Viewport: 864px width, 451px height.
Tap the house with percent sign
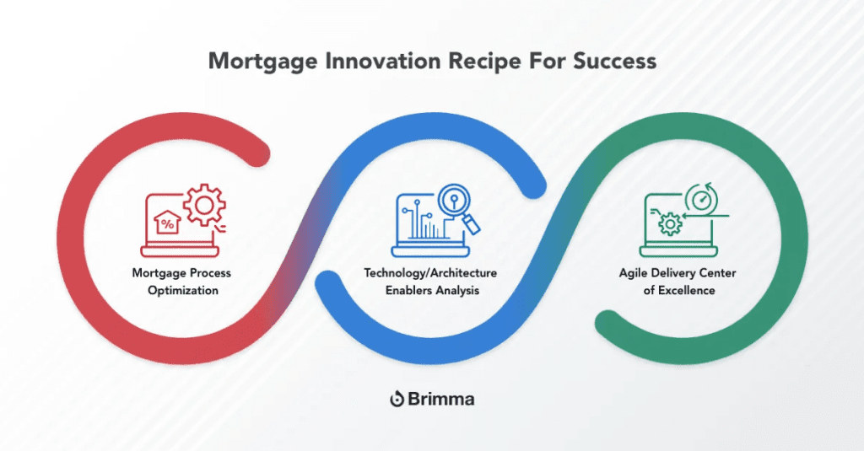[x=169, y=223]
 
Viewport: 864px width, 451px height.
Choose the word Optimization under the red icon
[x=181, y=290]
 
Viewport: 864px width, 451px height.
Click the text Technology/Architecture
[x=429, y=274]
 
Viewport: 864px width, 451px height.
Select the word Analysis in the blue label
[x=459, y=290]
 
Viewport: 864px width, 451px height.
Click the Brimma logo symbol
[x=397, y=399]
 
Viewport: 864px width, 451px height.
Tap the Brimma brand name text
[x=442, y=399]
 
